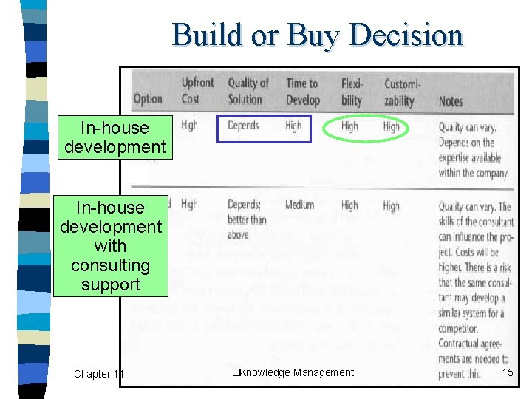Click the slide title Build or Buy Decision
(x=318, y=34)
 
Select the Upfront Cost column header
(x=197, y=91)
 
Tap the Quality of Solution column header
(x=248, y=91)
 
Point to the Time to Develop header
(x=302, y=91)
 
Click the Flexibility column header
(x=352, y=91)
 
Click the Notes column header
(x=450, y=100)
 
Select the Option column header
(x=148, y=99)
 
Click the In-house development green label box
(x=115, y=137)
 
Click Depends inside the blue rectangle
(x=243, y=126)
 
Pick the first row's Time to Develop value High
(x=293, y=126)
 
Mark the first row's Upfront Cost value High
(x=189, y=126)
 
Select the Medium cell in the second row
(x=299, y=205)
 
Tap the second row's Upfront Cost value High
(x=189, y=205)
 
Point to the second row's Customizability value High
(x=392, y=206)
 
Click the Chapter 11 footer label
(x=97, y=374)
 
